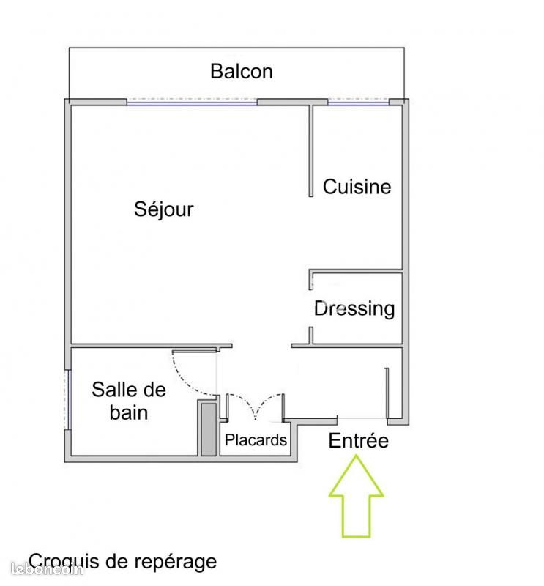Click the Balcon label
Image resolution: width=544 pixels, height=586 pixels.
tap(242, 71)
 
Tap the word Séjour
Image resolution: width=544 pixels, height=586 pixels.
tap(164, 209)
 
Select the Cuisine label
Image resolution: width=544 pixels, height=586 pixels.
tap(357, 187)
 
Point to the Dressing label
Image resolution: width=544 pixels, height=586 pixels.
tap(354, 309)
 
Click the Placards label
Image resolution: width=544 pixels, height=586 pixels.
tap(256, 440)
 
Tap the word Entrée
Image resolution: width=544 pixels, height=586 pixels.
tap(358, 440)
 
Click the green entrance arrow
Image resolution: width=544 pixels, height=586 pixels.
tap(356, 497)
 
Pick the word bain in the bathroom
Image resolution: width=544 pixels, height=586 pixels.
tap(129, 412)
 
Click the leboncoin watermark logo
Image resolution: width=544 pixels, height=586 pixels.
tap(47, 569)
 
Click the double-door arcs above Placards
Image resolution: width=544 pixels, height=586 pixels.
tap(256, 404)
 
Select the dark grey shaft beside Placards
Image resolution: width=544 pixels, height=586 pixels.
tap(209, 429)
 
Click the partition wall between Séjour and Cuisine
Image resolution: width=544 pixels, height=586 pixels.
tap(311, 151)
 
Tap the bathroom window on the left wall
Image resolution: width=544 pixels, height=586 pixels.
tap(67, 399)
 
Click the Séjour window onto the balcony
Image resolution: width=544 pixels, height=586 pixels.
tap(192, 102)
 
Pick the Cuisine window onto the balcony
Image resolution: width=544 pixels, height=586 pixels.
tap(359, 102)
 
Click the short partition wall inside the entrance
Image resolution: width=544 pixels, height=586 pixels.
tap(387, 393)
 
